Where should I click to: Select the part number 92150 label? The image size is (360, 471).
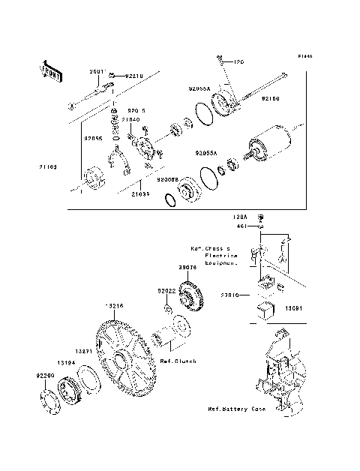click(271, 98)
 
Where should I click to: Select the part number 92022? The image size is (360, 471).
click(166, 291)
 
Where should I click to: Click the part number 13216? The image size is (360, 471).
click(113, 307)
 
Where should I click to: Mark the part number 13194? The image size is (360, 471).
click(68, 362)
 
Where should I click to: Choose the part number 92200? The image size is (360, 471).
click(46, 373)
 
